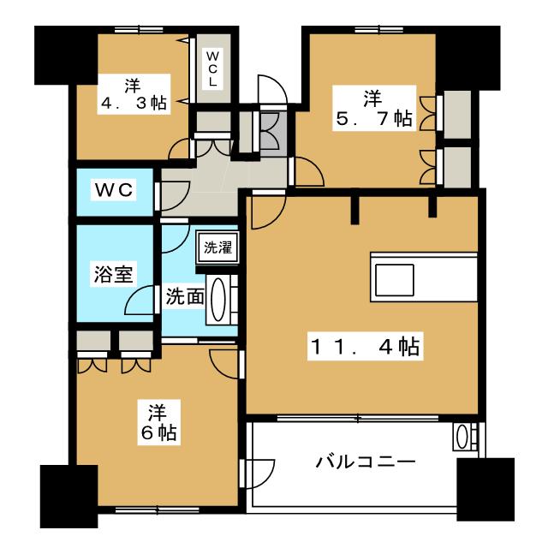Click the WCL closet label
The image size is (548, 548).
[x=211, y=68]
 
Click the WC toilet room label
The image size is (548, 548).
[x=114, y=190]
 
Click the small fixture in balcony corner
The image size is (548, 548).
[x=463, y=437]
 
